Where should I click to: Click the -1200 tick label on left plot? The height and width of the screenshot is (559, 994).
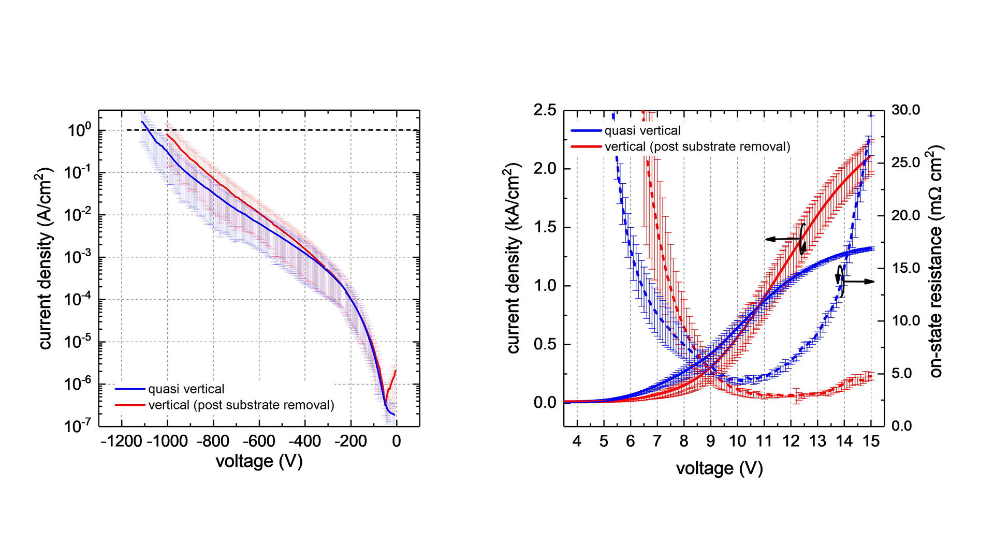pyautogui.click(x=121, y=442)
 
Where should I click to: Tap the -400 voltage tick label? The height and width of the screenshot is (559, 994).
pyautogui.click(x=304, y=442)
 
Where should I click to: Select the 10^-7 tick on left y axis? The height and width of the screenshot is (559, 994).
pyautogui.click(x=78, y=425)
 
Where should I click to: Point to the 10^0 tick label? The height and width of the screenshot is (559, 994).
pyautogui.click(x=79, y=129)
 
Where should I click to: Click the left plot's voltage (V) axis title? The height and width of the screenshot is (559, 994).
pyautogui.click(x=259, y=461)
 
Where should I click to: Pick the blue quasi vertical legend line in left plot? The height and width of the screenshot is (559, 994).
pyautogui.click(x=130, y=389)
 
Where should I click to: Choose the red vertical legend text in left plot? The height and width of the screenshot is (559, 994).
pyautogui.click(x=241, y=405)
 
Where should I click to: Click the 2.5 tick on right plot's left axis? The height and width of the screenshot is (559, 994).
pyautogui.click(x=545, y=110)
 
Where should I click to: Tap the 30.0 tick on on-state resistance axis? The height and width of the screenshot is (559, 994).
pyautogui.click(x=905, y=110)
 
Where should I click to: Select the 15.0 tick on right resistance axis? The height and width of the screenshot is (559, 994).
pyautogui.click(x=905, y=268)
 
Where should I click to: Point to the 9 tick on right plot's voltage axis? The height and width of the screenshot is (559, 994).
pyautogui.click(x=710, y=442)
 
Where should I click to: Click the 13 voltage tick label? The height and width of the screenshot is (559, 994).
pyautogui.click(x=817, y=442)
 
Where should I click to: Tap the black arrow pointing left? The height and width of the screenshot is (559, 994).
pyautogui.click(x=782, y=239)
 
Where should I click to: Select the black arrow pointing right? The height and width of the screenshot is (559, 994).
pyautogui.click(x=859, y=282)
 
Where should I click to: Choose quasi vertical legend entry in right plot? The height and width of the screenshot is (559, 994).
pyautogui.click(x=642, y=130)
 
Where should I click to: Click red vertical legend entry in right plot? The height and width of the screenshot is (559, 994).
pyautogui.click(x=697, y=146)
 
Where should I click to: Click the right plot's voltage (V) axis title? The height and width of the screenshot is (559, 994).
pyautogui.click(x=719, y=468)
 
